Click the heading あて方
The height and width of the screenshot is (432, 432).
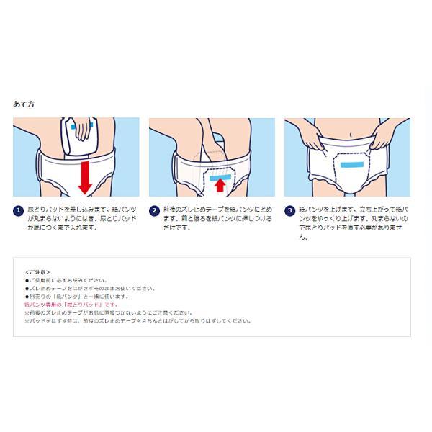click(24, 104)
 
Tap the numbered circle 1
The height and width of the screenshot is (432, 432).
click(18, 211)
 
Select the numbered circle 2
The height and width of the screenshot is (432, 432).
click(153, 211)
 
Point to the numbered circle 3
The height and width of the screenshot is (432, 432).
click(289, 211)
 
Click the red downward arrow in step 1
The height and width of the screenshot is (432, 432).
click(86, 176)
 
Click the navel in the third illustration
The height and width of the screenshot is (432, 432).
click(351, 133)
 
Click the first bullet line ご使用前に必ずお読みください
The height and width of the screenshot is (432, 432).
click(66, 280)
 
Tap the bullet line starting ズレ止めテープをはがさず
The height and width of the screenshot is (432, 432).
click(90, 288)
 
